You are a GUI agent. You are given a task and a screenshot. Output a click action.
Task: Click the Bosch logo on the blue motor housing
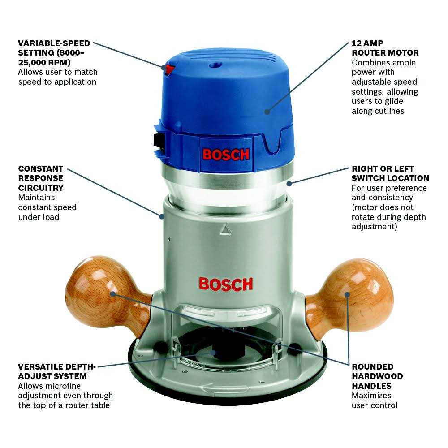[x=226, y=155]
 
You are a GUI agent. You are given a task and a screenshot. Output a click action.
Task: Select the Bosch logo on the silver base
[x=226, y=284]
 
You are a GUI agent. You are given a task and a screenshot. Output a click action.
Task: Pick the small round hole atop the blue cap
[x=215, y=65]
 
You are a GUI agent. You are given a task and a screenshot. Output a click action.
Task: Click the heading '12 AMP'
[x=367, y=43]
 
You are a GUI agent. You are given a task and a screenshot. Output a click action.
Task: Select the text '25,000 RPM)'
[x=44, y=63]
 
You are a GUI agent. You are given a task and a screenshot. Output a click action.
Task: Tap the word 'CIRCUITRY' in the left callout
[x=41, y=188]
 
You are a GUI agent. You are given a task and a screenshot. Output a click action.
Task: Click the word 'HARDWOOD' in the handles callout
[x=377, y=376]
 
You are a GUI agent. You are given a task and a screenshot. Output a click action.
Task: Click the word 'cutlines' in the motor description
[x=389, y=111]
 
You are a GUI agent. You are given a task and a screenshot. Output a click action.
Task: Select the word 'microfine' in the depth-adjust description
[x=64, y=386]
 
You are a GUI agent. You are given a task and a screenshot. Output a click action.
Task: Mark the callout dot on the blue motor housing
[x=267, y=112]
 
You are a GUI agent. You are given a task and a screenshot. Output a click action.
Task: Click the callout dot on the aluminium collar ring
[x=289, y=184]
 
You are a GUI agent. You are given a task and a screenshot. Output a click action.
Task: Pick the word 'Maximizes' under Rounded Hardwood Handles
[x=371, y=396]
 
